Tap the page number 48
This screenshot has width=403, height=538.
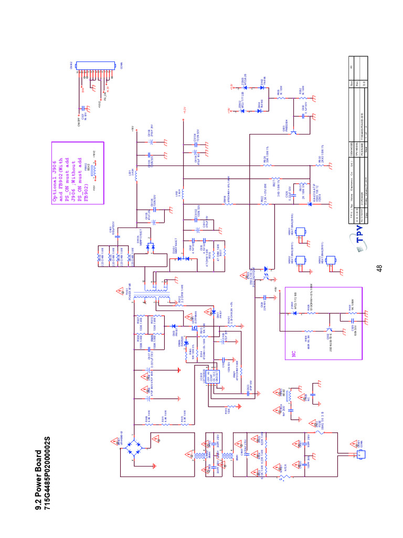coord(378,268)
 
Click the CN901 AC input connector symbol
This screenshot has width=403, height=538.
coord(347,451)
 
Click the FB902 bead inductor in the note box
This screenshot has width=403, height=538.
coord(93,169)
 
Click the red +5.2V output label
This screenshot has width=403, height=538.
coord(185,111)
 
